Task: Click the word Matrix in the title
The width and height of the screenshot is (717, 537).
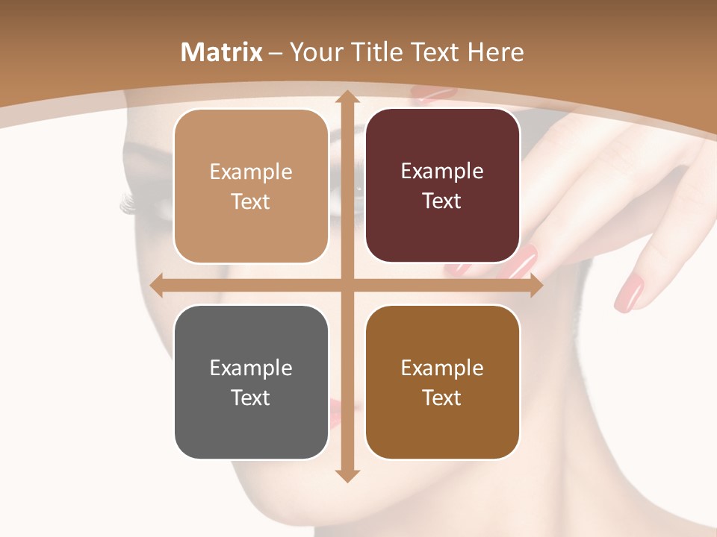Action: pyautogui.click(x=222, y=52)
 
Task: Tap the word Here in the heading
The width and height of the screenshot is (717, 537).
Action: pyautogui.click(x=496, y=52)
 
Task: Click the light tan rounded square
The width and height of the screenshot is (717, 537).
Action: pyautogui.click(x=251, y=186)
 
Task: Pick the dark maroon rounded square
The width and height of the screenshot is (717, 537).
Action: pyautogui.click(x=442, y=186)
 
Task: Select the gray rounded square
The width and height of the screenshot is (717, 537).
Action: pyautogui.click(x=251, y=382)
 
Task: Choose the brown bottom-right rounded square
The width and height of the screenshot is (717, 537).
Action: pyautogui.click(x=442, y=382)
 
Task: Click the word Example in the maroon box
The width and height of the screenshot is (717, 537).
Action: pyautogui.click(x=442, y=171)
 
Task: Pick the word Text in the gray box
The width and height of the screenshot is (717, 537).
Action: pyautogui.click(x=250, y=398)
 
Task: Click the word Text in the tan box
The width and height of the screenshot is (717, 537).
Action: pyautogui.click(x=250, y=201)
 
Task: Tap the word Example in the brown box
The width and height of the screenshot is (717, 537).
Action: pyautogui.click(x=442, y=368)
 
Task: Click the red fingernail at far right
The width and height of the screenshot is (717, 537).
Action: pyautogui.click(x=630, y=293)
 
